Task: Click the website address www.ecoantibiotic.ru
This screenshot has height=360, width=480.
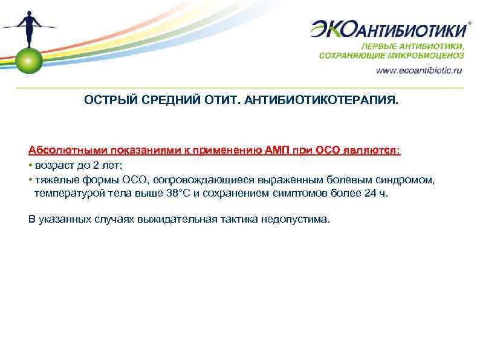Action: point(419,70)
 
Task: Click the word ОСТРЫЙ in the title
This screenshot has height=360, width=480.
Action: point(105,99)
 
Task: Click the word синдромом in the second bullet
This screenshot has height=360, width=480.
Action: point(408,180)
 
